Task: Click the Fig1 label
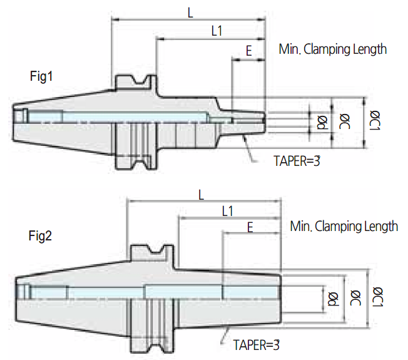[x=41, y=76]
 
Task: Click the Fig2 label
[x=40, y=237]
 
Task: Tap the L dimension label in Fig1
[x=190, y=13]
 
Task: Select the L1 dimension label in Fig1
[x=217, y=31]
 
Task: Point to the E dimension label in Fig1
[x=249, y=51]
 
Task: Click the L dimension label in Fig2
[x=201, y=195]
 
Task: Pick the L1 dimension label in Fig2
[x=228, y=211]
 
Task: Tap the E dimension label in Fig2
[x=250, y=227]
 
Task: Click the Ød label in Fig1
[x=322, y=122]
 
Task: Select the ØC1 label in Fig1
[x=375, y=120]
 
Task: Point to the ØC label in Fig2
[x=355, y=298]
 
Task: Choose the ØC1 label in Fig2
[x=378, y=297]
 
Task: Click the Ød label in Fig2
[x=334, y=299]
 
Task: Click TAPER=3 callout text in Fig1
[x=297, y=161]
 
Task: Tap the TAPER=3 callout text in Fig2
[x=256, y=345]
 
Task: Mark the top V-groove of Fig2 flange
[x=156, y=249]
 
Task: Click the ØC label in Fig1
[x=345, y=121]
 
